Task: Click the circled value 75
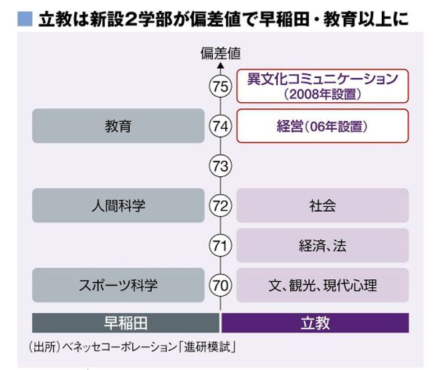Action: pyautogui.click(x=220, y=86)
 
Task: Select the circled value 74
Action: pyautogui.click(x=220, y=126)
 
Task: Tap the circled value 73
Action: pyautogui.click(x=220, y=166)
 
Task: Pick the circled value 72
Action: pyautogui.click(x=220, y=206)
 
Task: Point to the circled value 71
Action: pyautogui.click(x=220, y=245)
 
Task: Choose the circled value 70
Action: pyautogui.click(x=220, y=285)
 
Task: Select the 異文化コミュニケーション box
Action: pyautogui.click(x=322, y=85)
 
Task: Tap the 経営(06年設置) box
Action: pyautogui.click(x=322, y=126)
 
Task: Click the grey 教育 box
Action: pyautogui.click(x=118, y=126)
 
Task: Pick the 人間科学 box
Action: pyautogui.click(x=118, y=206)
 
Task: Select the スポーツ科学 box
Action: pyautogui.click(x=118, y=285)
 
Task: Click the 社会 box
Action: pyautogui.click(x=322, y=206)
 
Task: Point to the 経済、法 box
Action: pyautogui.click(x=322, y=245)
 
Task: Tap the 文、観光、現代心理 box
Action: pyautogui.click(x=322, y=285)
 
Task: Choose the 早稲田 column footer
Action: pyautogui.click(x=125, y=323)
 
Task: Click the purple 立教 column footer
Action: pyautogui.click(x=314, y=323)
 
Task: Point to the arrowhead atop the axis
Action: pyautogui.click(x=220, y=65)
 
